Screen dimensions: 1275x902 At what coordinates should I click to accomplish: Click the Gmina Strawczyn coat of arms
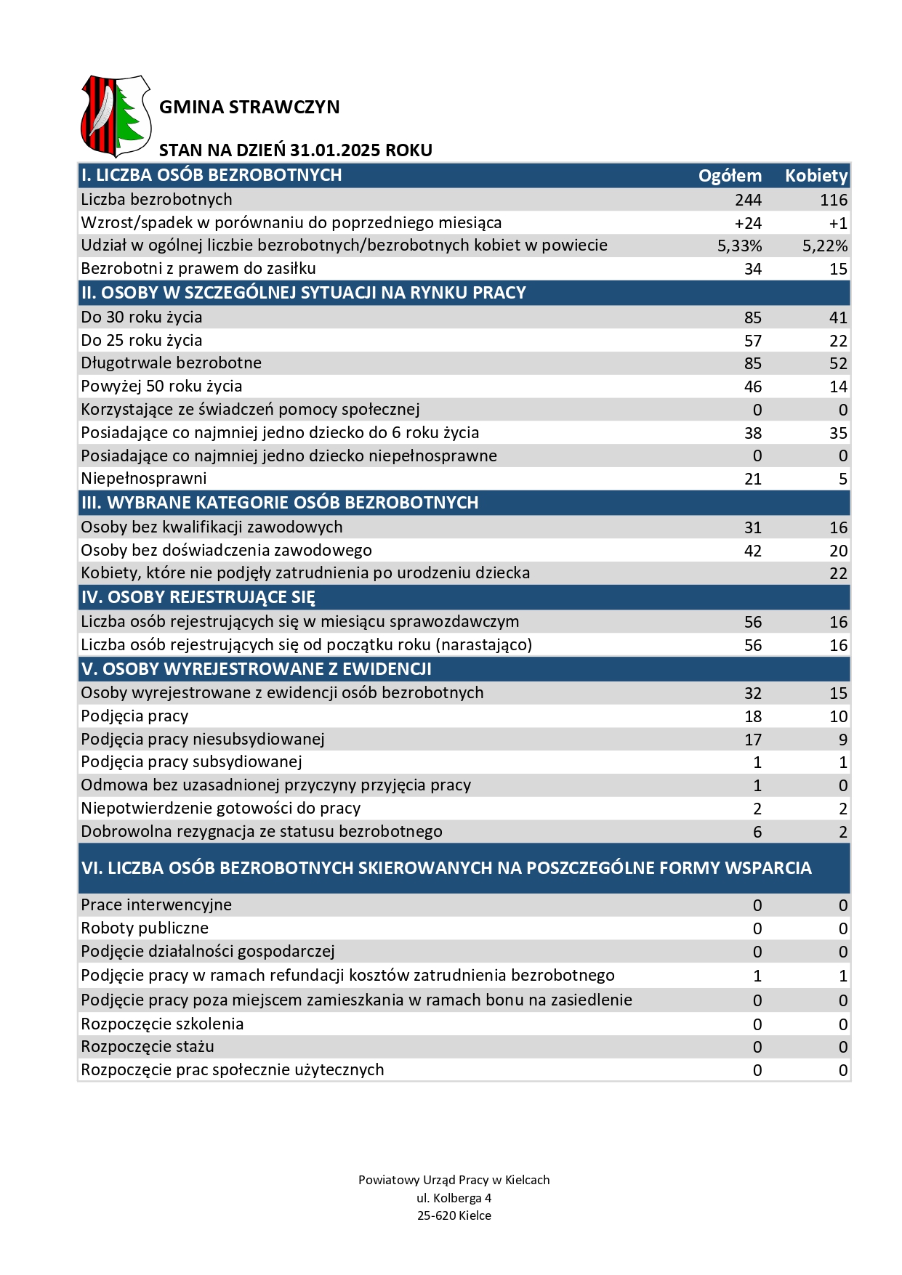click(116, 116)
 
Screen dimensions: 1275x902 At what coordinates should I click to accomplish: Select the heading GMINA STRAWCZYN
click(249, 108)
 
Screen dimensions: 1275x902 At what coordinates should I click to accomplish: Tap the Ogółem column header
click(730, 176)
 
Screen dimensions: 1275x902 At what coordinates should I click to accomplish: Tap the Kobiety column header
click(816, 176)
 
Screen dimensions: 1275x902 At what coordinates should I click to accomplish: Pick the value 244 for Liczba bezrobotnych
click(748, 200)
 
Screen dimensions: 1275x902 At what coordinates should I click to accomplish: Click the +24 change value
click(748, 223)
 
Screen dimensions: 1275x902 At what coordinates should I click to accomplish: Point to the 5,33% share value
click(739, 246)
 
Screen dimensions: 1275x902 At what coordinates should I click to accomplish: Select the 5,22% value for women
click(825, 246)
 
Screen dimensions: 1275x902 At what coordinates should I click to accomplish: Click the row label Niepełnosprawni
click(144, 479)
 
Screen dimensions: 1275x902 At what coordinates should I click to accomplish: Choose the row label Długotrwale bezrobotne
click(171, 363)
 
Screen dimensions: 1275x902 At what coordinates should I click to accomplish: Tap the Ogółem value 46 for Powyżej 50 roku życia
click(753, 386)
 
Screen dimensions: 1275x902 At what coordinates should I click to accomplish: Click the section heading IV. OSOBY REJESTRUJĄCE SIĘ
click(198, 597)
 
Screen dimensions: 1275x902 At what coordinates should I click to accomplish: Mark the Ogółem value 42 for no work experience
click(753, 551)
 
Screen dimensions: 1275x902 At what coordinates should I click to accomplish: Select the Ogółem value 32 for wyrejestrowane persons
click(753, 693)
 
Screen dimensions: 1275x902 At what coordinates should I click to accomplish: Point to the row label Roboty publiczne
click(145, 928)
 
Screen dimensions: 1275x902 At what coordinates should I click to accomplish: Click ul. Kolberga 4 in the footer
click(454, 1198)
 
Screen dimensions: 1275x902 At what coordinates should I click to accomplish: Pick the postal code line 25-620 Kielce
click(454, 1215)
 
